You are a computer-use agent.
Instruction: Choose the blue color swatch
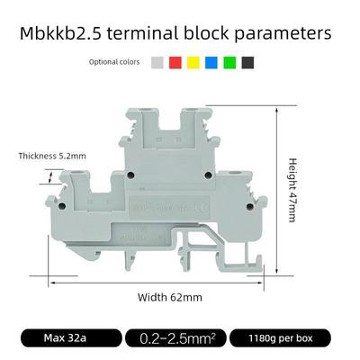(x=211, y=62)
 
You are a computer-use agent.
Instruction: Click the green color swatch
(x=229, y=62)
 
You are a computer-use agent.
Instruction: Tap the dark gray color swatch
(x=247, y=62)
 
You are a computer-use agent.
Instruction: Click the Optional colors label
(x=115, y=62)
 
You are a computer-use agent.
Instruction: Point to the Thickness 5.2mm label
(x=52, y=156)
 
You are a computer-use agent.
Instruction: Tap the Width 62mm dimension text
(x=168, y=297)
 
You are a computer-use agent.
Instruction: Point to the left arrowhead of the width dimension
(x=52, y=282)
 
